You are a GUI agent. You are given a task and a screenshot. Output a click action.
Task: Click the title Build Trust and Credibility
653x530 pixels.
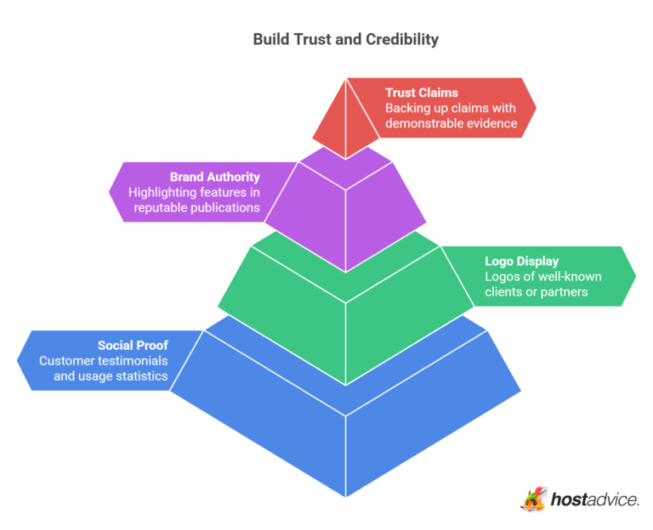tap(346, 39)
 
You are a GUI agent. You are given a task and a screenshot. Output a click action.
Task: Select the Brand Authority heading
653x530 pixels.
tap(214, 177)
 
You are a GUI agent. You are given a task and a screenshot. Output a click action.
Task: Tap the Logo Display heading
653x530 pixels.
tap(521, 261)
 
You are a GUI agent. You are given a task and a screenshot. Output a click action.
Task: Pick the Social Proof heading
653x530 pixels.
tap(133, 345)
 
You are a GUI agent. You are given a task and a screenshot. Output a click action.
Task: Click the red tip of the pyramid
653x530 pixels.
tap(345, 119)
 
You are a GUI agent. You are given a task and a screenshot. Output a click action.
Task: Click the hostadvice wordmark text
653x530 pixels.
tap(594, 499)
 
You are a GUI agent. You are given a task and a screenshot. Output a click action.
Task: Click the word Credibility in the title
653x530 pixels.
tap(403, 39)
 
